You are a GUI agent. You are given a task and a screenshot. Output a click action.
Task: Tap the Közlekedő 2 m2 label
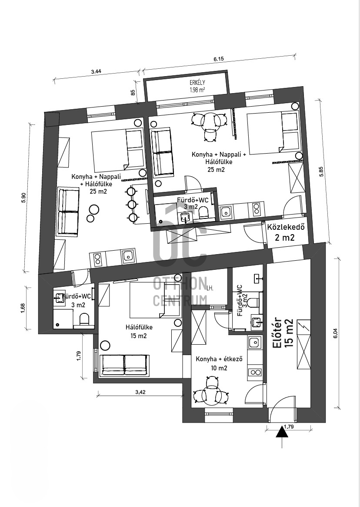pyautogui.click(x=286, y=232)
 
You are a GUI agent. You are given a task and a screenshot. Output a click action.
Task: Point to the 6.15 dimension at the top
pyautogui.click(x=219, y=59)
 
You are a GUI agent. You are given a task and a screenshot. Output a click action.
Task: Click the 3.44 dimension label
pyautogui.click(x=96, y=72)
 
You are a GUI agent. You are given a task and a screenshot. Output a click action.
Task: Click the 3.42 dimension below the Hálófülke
pyautogui.click(x=140, y=392)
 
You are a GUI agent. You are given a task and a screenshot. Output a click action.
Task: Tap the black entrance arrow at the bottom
pyautogui.click(x=282, y=432)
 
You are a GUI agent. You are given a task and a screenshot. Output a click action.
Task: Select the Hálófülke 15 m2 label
pyautogui.click(x=139, y=332)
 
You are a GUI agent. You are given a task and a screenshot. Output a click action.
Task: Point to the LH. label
pyautogui.click(x=210, y=287)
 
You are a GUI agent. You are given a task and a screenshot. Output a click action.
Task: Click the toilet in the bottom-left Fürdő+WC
pyautogui.click(x=84, y=319)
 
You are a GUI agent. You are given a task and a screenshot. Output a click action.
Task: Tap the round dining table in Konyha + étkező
pyautogui.click(x=211, y=393)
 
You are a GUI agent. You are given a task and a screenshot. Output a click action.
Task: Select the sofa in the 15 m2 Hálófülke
pyautogui.click(x=124, y=365)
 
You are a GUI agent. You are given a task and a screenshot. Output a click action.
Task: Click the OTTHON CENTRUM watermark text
pyautogui.click(x=180, y=291)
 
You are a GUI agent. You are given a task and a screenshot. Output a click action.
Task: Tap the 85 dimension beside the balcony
pyautogui.click(x=133, y=92)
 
